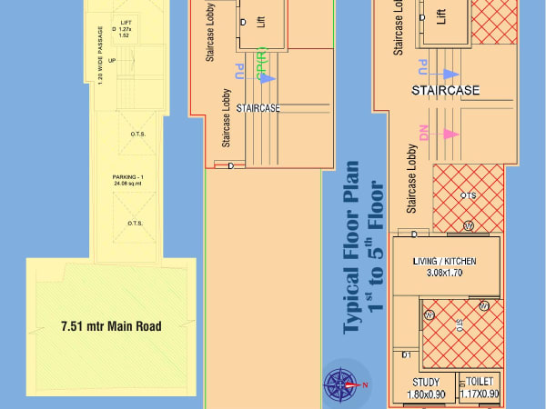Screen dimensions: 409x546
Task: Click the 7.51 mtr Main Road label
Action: coord(110,325)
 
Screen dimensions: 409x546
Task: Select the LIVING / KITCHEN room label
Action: coord(445,262)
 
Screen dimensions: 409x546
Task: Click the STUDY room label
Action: coord(426,382)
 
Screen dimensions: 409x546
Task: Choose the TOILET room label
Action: coord(480,382)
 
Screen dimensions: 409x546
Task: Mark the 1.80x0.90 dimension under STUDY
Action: coord(426,394)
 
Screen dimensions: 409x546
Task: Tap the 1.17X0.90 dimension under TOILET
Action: coord(480,394)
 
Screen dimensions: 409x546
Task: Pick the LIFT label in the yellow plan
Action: coord(126,20)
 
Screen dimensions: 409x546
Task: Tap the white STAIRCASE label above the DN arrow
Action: coord(444,91)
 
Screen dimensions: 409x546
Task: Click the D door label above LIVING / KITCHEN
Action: coord(414,234)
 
